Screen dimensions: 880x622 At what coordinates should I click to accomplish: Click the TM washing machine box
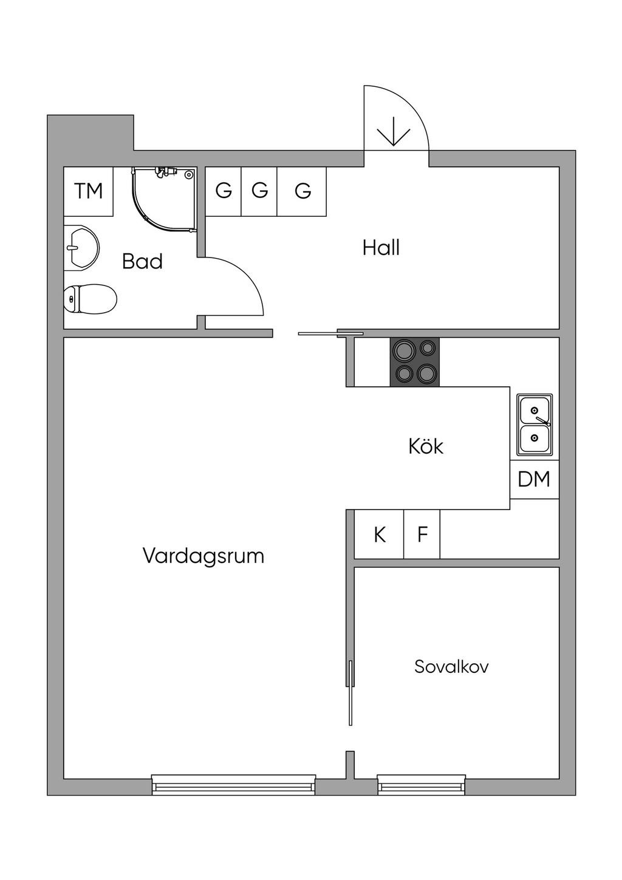pyautogui.click(x=89, y=191)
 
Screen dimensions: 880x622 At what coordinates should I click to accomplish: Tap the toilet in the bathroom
pyautogui.click(x=91, y=299)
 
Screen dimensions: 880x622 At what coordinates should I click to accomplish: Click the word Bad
pyautogui.click(x=142, y=262)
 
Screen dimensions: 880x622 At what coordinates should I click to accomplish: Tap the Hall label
pyautogui.click(x=381, y=248)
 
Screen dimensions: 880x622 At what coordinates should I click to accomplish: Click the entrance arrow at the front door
pyautogui.click(x=394, y=131)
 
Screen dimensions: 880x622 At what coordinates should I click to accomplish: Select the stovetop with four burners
pyautogui.click(x=415, y=361)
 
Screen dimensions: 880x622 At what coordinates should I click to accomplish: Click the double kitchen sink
pyautogui.click(x=535, y=425)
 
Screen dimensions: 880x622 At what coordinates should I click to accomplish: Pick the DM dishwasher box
pyautogui.click(x=534, y=480)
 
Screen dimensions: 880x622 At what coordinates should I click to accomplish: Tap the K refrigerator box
pyautogui.click(x=380, y=535)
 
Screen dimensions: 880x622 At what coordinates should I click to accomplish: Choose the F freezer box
pyautogui.click(x=423, y=535)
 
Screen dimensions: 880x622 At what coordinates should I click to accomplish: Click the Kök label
pyautogui.click(x=426, y=447)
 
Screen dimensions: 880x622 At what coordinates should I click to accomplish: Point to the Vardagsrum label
pyautogui.click(x=203, y=556)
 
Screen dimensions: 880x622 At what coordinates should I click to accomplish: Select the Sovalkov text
pyautogui.click(x=451, y=667)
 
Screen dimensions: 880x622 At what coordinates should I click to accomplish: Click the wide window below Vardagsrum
pyautogui.click(x=233, y=785)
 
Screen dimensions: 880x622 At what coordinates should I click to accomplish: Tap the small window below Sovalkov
pyautogui.click(x=422, y=785)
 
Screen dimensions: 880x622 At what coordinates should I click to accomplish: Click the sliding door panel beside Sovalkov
pyautogui.click(x=350, y=692)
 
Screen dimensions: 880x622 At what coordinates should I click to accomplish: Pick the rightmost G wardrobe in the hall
pyautogui.click(x=302, y=191)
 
